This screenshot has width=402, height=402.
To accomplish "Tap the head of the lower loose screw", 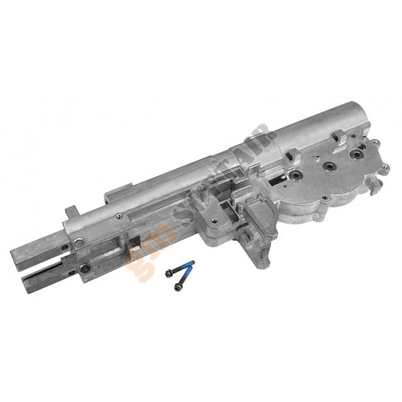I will click(x=170, y=273).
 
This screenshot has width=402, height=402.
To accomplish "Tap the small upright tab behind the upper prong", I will click(x=71, y=212).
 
